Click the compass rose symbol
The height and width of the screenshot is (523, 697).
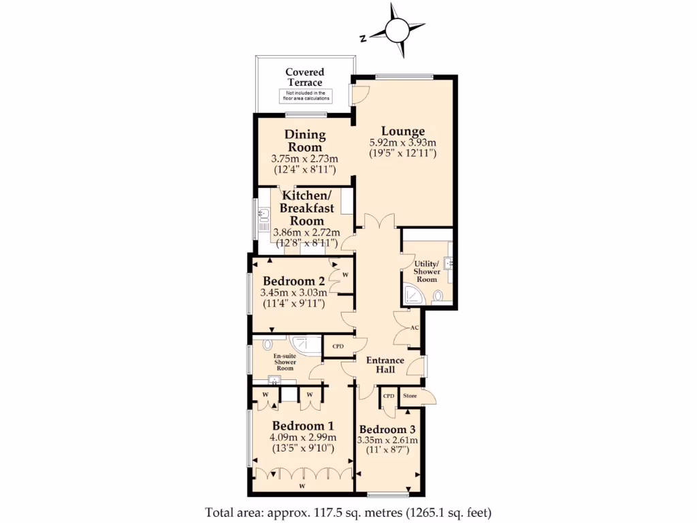point(396,29)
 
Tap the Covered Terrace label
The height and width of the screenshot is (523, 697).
point(304,77)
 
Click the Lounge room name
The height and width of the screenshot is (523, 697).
point(403,131)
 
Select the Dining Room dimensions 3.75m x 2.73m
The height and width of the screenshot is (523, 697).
point(305,159)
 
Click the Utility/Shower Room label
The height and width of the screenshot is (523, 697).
point(427,271)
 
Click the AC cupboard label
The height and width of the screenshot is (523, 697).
point(414,328)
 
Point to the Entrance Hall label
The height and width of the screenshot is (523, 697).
point(386,364)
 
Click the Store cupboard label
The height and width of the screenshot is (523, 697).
point(410,396)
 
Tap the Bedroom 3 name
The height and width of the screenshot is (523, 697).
point(387,430)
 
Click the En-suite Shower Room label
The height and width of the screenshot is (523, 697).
point(285,362)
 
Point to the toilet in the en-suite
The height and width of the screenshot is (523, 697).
point(267,345)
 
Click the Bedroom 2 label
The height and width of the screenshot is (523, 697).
point(294,281)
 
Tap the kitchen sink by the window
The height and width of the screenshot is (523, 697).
point(264,217)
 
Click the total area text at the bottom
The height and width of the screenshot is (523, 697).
point(348,511)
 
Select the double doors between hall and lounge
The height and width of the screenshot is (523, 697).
point(378,223)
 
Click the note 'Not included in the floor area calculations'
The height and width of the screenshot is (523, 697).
point(304,96)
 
